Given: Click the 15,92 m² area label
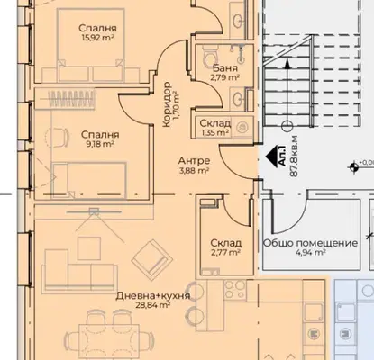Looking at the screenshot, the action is pyautogui.click(x=97, y=38).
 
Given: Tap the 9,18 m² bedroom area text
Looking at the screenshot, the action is pyautogui.click(x=100, y=144).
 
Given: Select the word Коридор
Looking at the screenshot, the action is pyautogui.click(x=167, y=104).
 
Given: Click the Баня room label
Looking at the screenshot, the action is pyautogui.click(x=225, y=68).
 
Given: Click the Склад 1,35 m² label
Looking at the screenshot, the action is pyautogui.click(x=215, y=128).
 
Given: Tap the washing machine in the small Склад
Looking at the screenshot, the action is pyautogui.click(x=242, y=128).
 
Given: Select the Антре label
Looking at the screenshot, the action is pyautogui.click(x=194, y=161).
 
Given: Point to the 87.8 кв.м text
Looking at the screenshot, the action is pyautogui.click(x=294, y=157).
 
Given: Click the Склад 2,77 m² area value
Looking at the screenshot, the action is pyautogui.click(x=225, y=253).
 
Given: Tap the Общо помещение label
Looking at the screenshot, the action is pyautogui.click(x=311, y=243).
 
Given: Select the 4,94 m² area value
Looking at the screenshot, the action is pyautogui.click(x=311, y=253).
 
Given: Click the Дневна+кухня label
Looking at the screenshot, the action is pyautogui.click(x=153, y=296).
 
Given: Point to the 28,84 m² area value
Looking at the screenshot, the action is pyautogui.click(x=153, y=305).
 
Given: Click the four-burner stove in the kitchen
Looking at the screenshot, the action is pyautogui.click(x=235, y=290).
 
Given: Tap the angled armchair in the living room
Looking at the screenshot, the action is pyautogui.click(x=152, y=258).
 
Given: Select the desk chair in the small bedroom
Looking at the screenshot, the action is pyautogui.click(x=57, y=137).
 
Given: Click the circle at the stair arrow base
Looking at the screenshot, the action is pyautogui.click(x=287, y=126).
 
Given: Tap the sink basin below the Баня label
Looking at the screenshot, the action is pyautogui.click(x=237, y=98).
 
